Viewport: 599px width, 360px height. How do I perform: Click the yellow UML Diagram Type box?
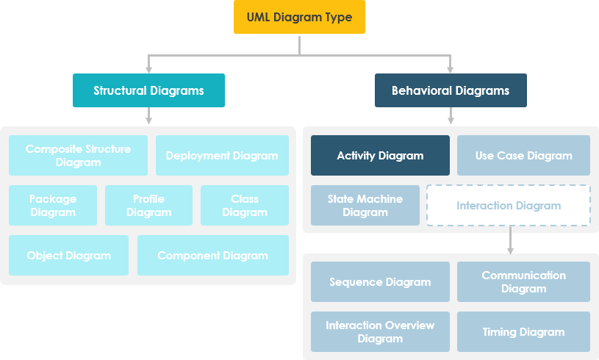click(x=299, y=18)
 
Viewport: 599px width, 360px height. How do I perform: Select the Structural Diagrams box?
click(x=148, y=90)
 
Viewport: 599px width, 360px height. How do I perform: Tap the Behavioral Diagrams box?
click(x=451, y=90)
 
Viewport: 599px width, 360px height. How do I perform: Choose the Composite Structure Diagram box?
click(x=78, y=155)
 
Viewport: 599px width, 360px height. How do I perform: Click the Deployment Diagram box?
click(x=222, y=155)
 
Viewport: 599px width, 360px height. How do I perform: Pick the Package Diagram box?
click(x=53, y=205)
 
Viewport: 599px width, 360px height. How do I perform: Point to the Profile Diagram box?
click(x=148, y=205)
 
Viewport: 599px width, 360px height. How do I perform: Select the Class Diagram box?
click(x=245, y=205)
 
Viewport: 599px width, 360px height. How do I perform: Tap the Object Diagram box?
click(x=68, y=255)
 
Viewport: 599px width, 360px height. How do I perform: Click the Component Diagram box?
click(x=213, y=255)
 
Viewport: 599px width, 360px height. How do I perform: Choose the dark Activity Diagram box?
click(x=380, y=155)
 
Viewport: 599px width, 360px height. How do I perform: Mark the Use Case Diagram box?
click(x=523, y=155)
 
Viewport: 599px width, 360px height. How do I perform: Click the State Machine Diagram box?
click(x=365, y=205)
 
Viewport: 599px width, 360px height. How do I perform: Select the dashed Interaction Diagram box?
click(x=509, y=205)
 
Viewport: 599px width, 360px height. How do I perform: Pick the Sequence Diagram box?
click(x=380, y=281)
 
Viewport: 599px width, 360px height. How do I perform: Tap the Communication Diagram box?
click(x=523, y=281)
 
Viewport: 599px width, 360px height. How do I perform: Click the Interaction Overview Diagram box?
click(x=380, y=331)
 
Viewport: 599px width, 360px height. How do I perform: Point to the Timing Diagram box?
click(x=523, y=331)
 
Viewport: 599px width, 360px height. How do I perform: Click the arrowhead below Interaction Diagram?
click(x=510, y=250)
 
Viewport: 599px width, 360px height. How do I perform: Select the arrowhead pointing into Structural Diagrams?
click(x=149, y=69)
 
